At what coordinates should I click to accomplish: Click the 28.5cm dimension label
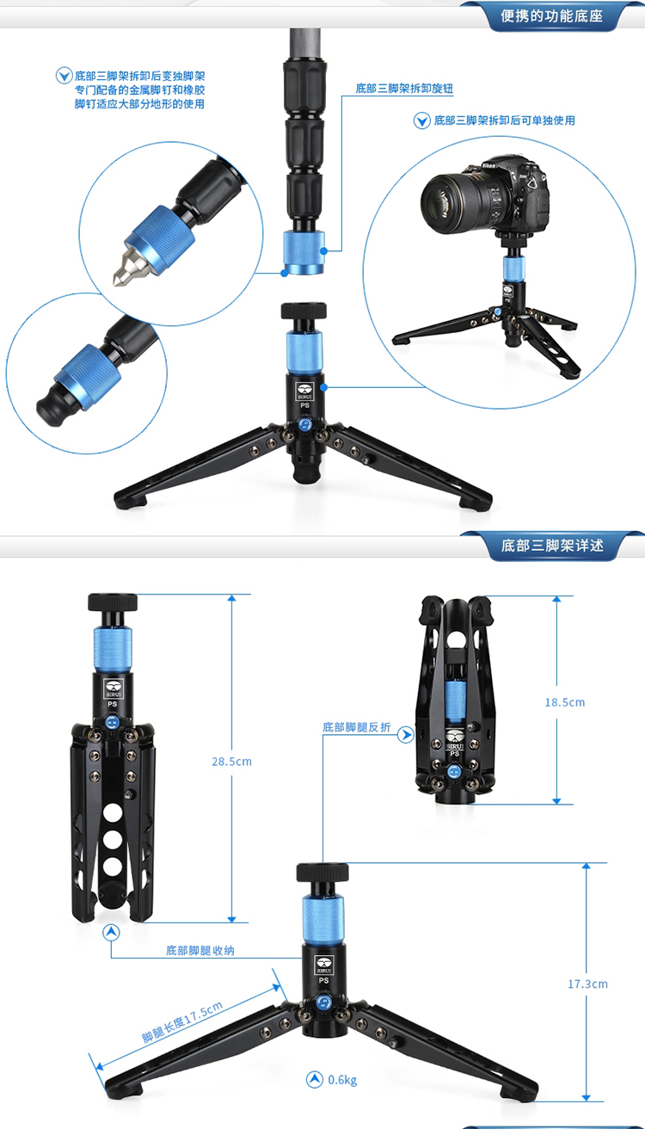coord(231,761)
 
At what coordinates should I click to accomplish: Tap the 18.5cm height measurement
coord(565,702)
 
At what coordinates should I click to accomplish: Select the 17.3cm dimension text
coord(587,984)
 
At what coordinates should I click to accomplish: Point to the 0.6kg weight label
coord(342,1080)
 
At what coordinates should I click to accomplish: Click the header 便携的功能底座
coord(552,16)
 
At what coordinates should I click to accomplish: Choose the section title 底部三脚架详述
coord(552,546)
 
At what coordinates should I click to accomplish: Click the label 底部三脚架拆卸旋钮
coord(404,89)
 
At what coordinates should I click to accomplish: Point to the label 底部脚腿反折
coord(357,727)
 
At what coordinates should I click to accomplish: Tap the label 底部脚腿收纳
coord(200,950)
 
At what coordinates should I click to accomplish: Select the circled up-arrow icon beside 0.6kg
coord(315,1079)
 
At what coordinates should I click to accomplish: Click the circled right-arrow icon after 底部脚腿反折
coord(406,735)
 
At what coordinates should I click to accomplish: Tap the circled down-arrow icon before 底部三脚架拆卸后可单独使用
coord(421,121)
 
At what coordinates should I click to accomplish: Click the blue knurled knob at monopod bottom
coord(304,252)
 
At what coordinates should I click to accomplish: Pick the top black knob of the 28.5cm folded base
coord(113,602)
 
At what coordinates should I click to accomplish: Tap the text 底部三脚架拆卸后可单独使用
coord(505,120)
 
